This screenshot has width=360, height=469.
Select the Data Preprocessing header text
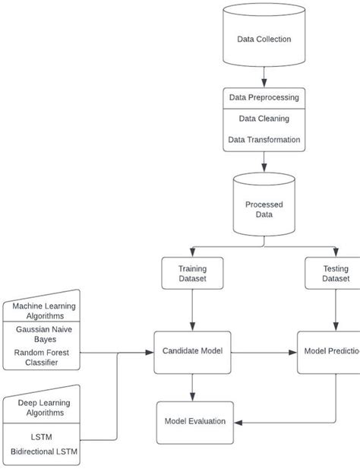[x=264, y=97]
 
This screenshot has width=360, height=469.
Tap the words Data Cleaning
[x=264, y=119]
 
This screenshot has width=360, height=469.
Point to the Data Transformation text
[x=264, y=140]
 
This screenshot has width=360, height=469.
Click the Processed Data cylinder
[x=264, y=208]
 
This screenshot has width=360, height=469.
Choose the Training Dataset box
[x=192, y=274]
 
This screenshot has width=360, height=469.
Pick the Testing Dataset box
[x=335, y=274]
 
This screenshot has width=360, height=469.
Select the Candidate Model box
[x=192, y=351]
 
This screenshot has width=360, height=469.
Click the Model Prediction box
[x=331, y=351]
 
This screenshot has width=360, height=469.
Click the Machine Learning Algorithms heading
[x=44, y=311]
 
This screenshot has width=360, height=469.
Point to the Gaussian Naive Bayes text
[x=44, y=334]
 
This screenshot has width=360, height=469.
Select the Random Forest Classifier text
[x=44, y=357]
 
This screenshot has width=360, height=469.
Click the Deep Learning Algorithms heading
[x=44, y=407]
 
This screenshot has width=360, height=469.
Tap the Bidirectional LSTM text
[x=44, y=452]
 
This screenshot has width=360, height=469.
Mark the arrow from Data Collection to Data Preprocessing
[x=264, y=77]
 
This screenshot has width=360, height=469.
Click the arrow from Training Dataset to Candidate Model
[x=192, y=309]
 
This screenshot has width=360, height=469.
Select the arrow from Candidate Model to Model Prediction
[x=263, y=352]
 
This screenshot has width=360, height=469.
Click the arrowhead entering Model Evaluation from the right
[x=239, y=421]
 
